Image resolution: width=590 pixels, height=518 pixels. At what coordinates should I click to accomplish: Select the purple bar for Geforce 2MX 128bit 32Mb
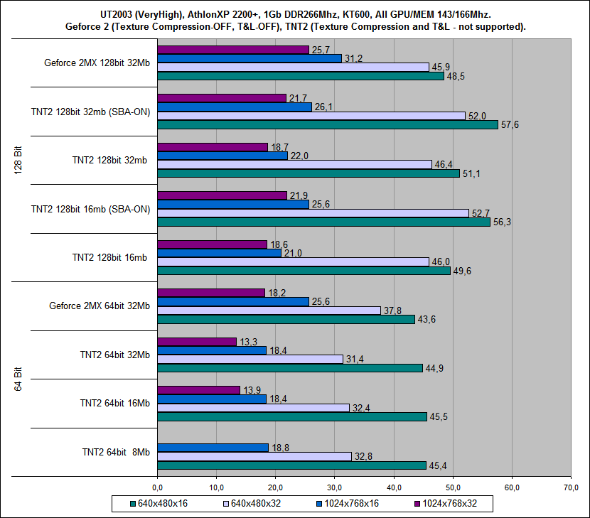click(x=233, y=50)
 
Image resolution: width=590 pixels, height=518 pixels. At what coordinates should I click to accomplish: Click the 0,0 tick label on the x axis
click(x=158, y=487)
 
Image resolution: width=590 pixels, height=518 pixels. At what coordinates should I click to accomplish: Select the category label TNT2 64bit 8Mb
click(x=116, y=451)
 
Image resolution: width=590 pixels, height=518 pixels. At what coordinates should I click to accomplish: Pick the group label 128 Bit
click(x=18, y=160)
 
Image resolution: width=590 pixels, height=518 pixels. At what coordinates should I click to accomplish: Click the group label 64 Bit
click(x=18, y=378)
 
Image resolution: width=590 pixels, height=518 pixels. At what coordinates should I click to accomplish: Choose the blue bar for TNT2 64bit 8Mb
click(x=213, y=448)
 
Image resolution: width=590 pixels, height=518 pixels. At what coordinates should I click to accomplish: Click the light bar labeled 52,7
click(x=313, y=212)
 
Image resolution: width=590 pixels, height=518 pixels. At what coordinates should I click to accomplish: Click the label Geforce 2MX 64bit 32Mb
click(x=100, y=306)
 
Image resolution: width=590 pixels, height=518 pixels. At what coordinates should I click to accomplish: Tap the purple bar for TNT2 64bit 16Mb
click(x=198, y=390)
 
